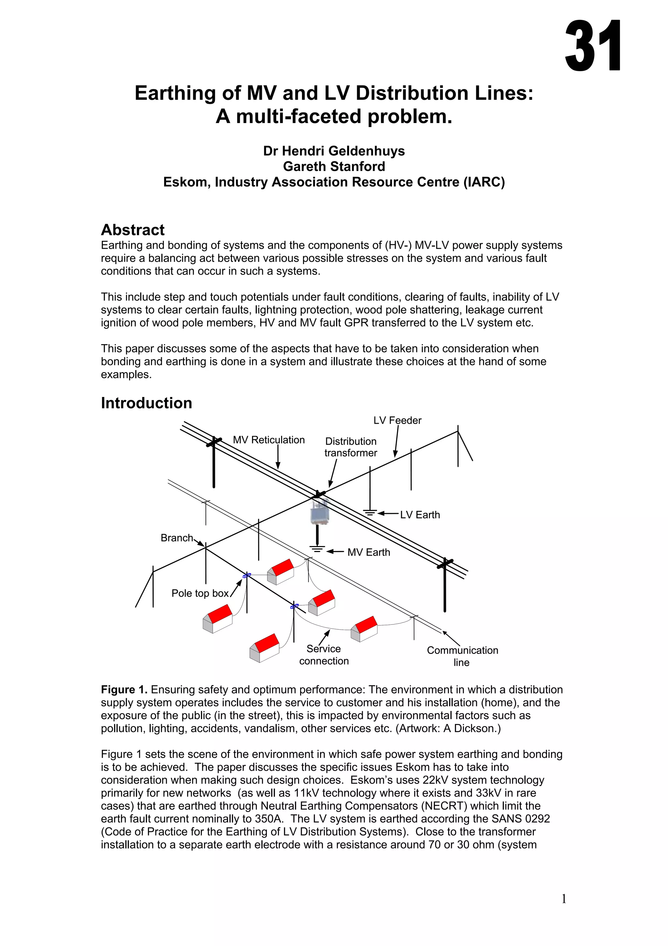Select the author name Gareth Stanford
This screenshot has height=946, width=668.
334,166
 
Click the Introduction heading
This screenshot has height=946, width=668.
146,403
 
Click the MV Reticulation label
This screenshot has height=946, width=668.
269,440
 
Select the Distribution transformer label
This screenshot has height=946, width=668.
351,447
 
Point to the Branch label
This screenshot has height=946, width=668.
176,538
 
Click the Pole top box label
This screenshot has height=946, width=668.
200,593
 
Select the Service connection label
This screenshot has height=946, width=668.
324,655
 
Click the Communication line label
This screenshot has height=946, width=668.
462,656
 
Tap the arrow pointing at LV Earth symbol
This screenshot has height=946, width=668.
388,513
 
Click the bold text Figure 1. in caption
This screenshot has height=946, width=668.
124,690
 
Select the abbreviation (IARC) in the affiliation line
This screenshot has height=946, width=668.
484,182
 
